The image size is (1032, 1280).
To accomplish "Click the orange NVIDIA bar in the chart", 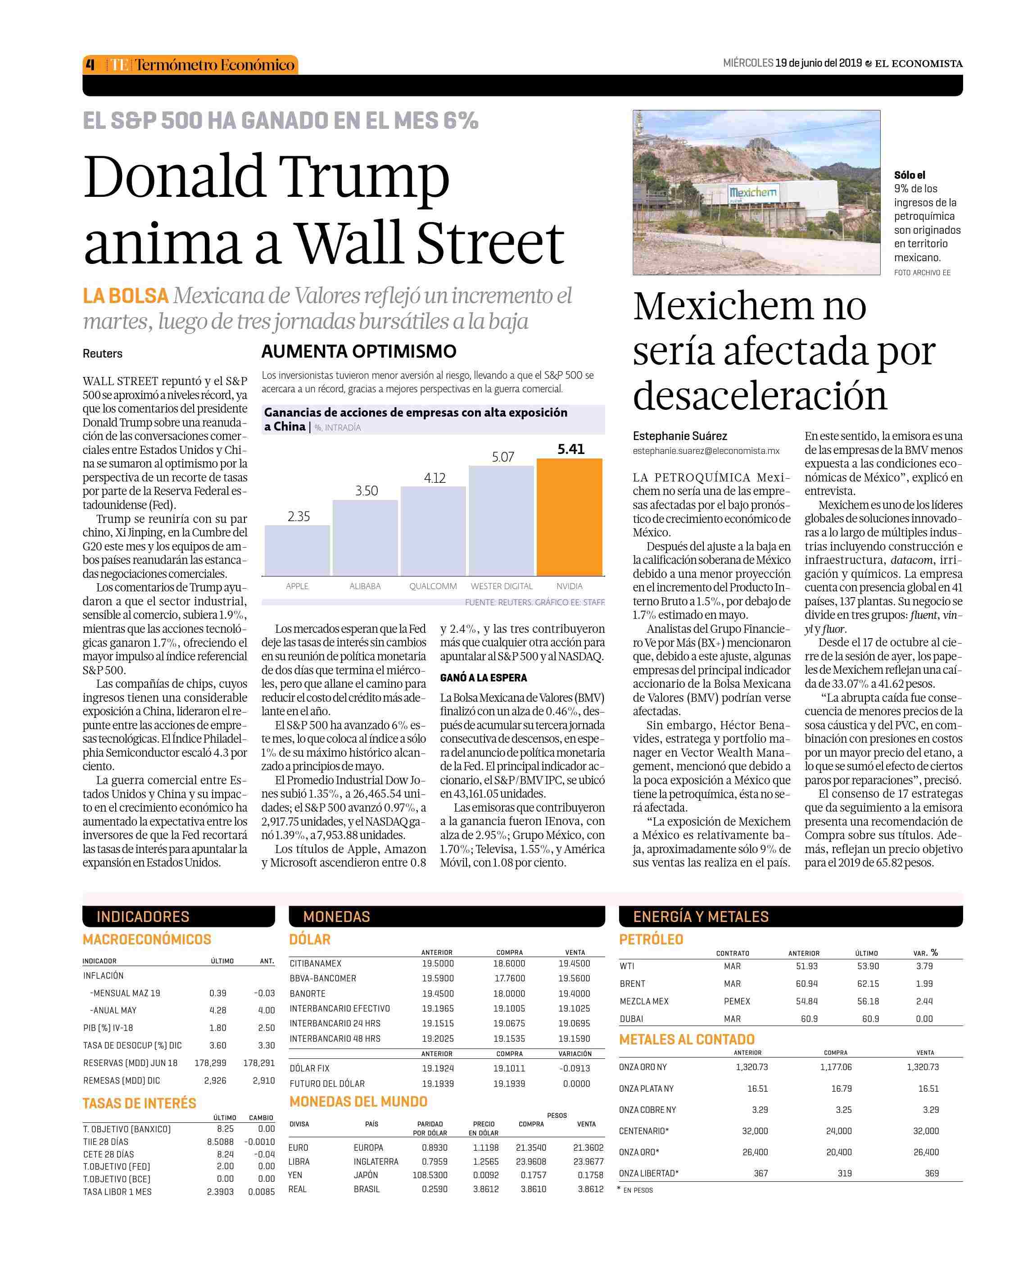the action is pyautogui.click(x=570, y=517).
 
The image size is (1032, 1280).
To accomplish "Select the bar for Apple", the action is pyautogui.click(x=297, y=550).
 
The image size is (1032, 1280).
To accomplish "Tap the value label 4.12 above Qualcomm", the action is pyautogui.click(x=435, y=478).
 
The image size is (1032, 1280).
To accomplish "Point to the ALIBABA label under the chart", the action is pyautogui.click(x=365, y=586).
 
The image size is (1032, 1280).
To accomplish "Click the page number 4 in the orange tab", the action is pyautogui.click(x=91, y=64).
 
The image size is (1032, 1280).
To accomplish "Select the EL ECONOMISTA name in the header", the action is pyautogui.click(x=919, y=64).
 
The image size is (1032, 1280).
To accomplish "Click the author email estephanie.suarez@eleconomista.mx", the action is pyautogui.click(x=706, y=451).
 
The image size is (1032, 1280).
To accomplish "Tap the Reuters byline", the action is pyautogui.click(x=102, y=353).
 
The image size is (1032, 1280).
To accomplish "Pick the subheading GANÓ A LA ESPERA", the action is pyautogui.click(x=483, y=678).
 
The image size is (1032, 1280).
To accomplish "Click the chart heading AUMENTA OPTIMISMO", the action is pyautogui.click(x=358, y=351).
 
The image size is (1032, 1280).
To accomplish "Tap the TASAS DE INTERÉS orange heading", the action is pyautogui.click(x=139, y=1103).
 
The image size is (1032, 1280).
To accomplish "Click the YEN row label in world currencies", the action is pyautogui.click(x=295, y=1175).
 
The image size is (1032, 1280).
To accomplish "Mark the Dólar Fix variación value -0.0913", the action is pyautogui.click(x=575, y=1068).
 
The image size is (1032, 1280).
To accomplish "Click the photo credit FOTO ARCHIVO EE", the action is pyautogui.click(x=922, y=272).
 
